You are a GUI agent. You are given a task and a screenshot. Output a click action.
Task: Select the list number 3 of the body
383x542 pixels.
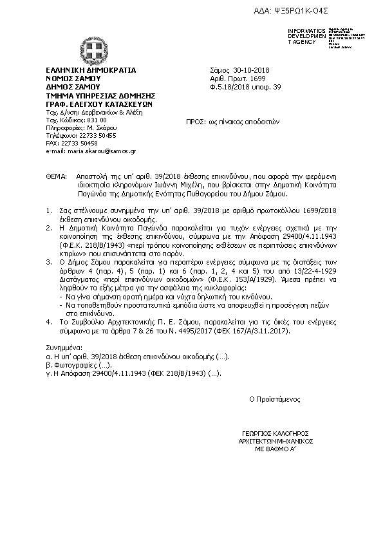(48, 263)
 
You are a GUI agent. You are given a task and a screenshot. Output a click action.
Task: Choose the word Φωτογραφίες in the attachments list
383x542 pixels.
(71, 364)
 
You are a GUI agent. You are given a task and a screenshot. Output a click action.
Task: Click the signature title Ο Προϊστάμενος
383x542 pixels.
(275, 399)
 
